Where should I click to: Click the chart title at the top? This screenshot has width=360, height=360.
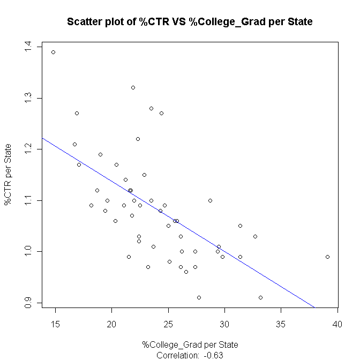(189, 22)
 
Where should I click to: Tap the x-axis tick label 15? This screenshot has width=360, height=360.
(55, 324)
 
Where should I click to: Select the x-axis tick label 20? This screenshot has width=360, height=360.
(111, 324)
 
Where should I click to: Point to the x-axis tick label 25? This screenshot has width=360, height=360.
(168, 324)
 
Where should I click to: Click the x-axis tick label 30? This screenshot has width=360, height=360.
(224, 324)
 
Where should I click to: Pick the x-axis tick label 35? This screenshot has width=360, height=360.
(281, 324)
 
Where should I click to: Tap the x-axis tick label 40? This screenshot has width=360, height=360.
(337, 324)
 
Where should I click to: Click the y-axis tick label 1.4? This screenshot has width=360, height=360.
(28, 47)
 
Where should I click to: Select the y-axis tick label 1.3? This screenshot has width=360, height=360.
(28, 98)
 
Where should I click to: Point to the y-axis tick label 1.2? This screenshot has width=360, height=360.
(28, 149)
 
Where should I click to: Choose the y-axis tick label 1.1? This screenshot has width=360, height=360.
(28, 200)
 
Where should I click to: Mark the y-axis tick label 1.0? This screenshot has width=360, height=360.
(28, 251)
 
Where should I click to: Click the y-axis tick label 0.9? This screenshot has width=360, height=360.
(28, 303)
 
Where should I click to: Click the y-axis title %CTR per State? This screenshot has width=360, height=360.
(9, 175)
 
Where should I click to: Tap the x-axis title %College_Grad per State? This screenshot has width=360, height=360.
(190, 344)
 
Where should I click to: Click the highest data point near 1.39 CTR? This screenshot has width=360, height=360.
(53, 52)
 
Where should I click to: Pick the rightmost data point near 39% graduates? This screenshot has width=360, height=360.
(327, 257)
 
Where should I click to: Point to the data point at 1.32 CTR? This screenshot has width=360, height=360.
(133, 87)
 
